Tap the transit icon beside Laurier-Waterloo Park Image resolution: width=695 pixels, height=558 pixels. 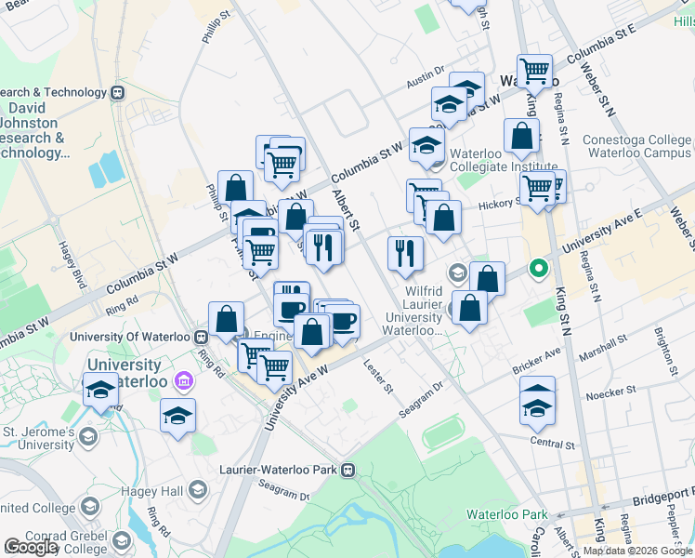348,470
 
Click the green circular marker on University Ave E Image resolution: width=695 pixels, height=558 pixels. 537,271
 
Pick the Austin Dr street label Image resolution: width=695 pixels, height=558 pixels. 426,83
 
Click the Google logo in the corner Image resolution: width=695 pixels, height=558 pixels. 31,548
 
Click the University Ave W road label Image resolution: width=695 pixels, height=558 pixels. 296,397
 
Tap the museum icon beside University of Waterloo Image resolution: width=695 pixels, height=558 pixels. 183,381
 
